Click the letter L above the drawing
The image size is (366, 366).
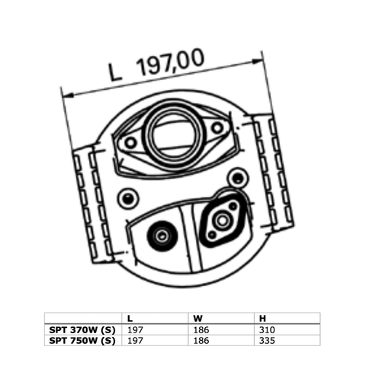point(116,74)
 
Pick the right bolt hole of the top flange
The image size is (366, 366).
point(217,127)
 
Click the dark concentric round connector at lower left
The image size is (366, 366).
point(160,236)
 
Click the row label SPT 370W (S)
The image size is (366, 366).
point(82,329)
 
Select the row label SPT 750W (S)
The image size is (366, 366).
point(82,341)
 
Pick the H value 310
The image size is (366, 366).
point(266,329)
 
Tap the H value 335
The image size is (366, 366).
point(266,341)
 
